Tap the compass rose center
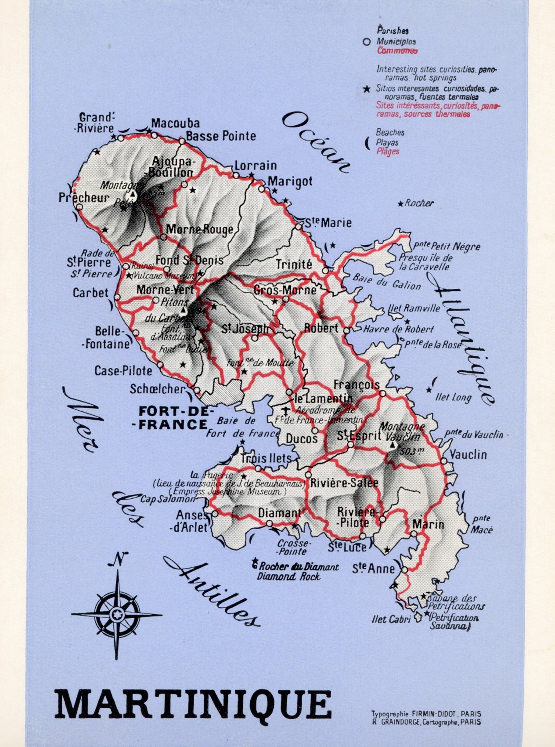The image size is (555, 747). pyautogui.click(x=117, y=613)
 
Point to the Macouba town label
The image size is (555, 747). pyautogui.click(x=175, y=123)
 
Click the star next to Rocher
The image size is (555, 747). pyautogui.click(x=400, y=204)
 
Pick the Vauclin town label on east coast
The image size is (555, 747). pyautogui.click(x=468, y=454)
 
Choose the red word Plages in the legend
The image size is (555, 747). pyautogui.click(x=388, y=152)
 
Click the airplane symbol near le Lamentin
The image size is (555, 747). pyautogui.click(x=286, y=412)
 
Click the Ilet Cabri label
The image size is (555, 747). pyautogui.click(x=390, y=620)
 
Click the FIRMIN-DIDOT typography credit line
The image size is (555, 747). pyautogui.click(x=425, y=714)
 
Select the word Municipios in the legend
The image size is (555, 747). pyautogui.click(x=396, y=42)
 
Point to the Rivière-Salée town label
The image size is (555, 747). pyautogui.click(x=344, y=483)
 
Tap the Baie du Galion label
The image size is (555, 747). pyautogui.click(x=386, y=282)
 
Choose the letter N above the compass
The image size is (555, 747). pyautogui.click(x=117, y=559)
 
